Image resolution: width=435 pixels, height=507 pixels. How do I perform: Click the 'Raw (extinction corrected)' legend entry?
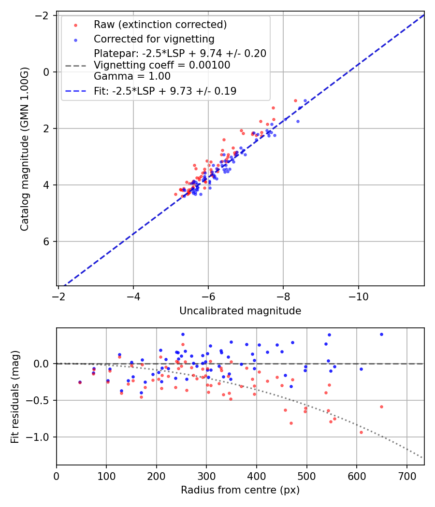click(x=160, y=25)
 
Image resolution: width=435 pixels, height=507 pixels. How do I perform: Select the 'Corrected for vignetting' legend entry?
click(x=154, y=39)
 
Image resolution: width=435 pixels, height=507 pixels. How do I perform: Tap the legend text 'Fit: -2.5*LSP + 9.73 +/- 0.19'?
click(x=165, y=91)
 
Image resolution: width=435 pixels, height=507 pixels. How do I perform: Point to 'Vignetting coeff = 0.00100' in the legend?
click(x=162, y=65)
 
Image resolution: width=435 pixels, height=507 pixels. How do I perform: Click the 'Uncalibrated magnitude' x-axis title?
click(x=240, y=311)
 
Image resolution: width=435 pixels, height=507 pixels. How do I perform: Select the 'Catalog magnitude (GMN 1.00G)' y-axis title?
click(x=25, y=149)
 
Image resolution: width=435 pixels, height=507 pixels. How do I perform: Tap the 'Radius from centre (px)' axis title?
click(x=240, y=490)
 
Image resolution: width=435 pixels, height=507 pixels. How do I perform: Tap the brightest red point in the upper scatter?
click(x=295, y=100)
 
